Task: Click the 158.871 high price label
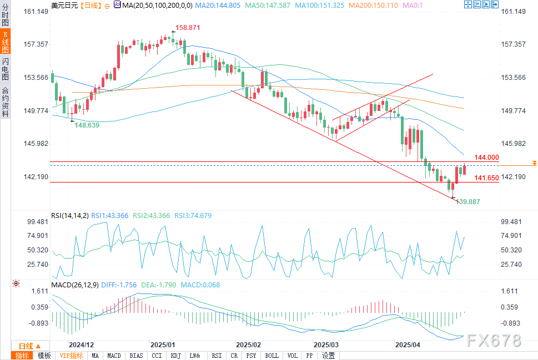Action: [188, 27]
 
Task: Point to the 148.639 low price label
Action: [87, 125]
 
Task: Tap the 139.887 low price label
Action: [467, 202]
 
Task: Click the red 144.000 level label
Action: [487, 157]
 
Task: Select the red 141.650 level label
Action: [487, 178]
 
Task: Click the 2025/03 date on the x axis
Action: [326, 344]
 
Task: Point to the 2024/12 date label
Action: [81, 344]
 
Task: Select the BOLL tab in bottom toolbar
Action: [272, 356]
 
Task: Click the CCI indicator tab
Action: [157, 356]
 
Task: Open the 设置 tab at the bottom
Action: [329, 356]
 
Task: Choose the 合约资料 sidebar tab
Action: [5, 102]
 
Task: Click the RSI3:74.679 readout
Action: [193, 215]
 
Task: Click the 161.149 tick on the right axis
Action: [512, 11]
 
